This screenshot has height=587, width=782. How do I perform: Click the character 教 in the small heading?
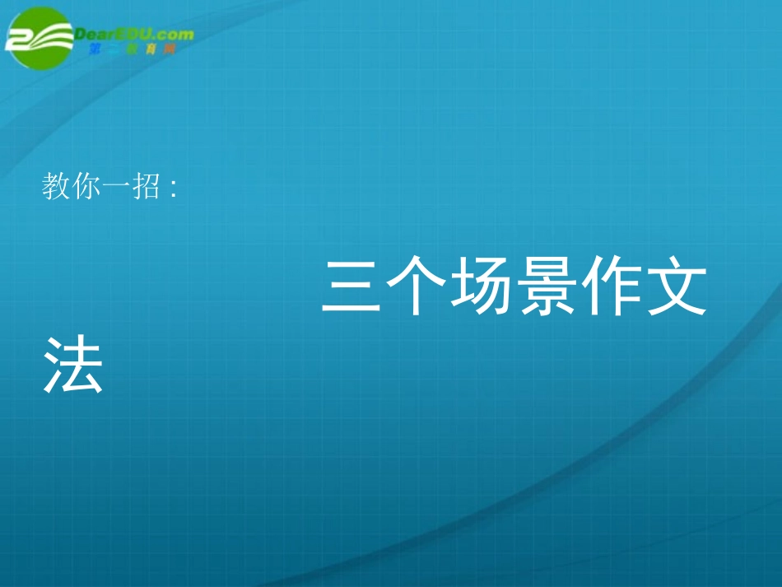(55, 188)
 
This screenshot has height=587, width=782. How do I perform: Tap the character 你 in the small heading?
(85, 188)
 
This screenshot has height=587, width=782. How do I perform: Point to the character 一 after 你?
(114, 188)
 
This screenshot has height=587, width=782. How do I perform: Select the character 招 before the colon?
(144, 188)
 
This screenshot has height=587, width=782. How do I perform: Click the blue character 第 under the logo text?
(94, 50)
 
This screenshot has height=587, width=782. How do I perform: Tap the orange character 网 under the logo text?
(170, 50)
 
